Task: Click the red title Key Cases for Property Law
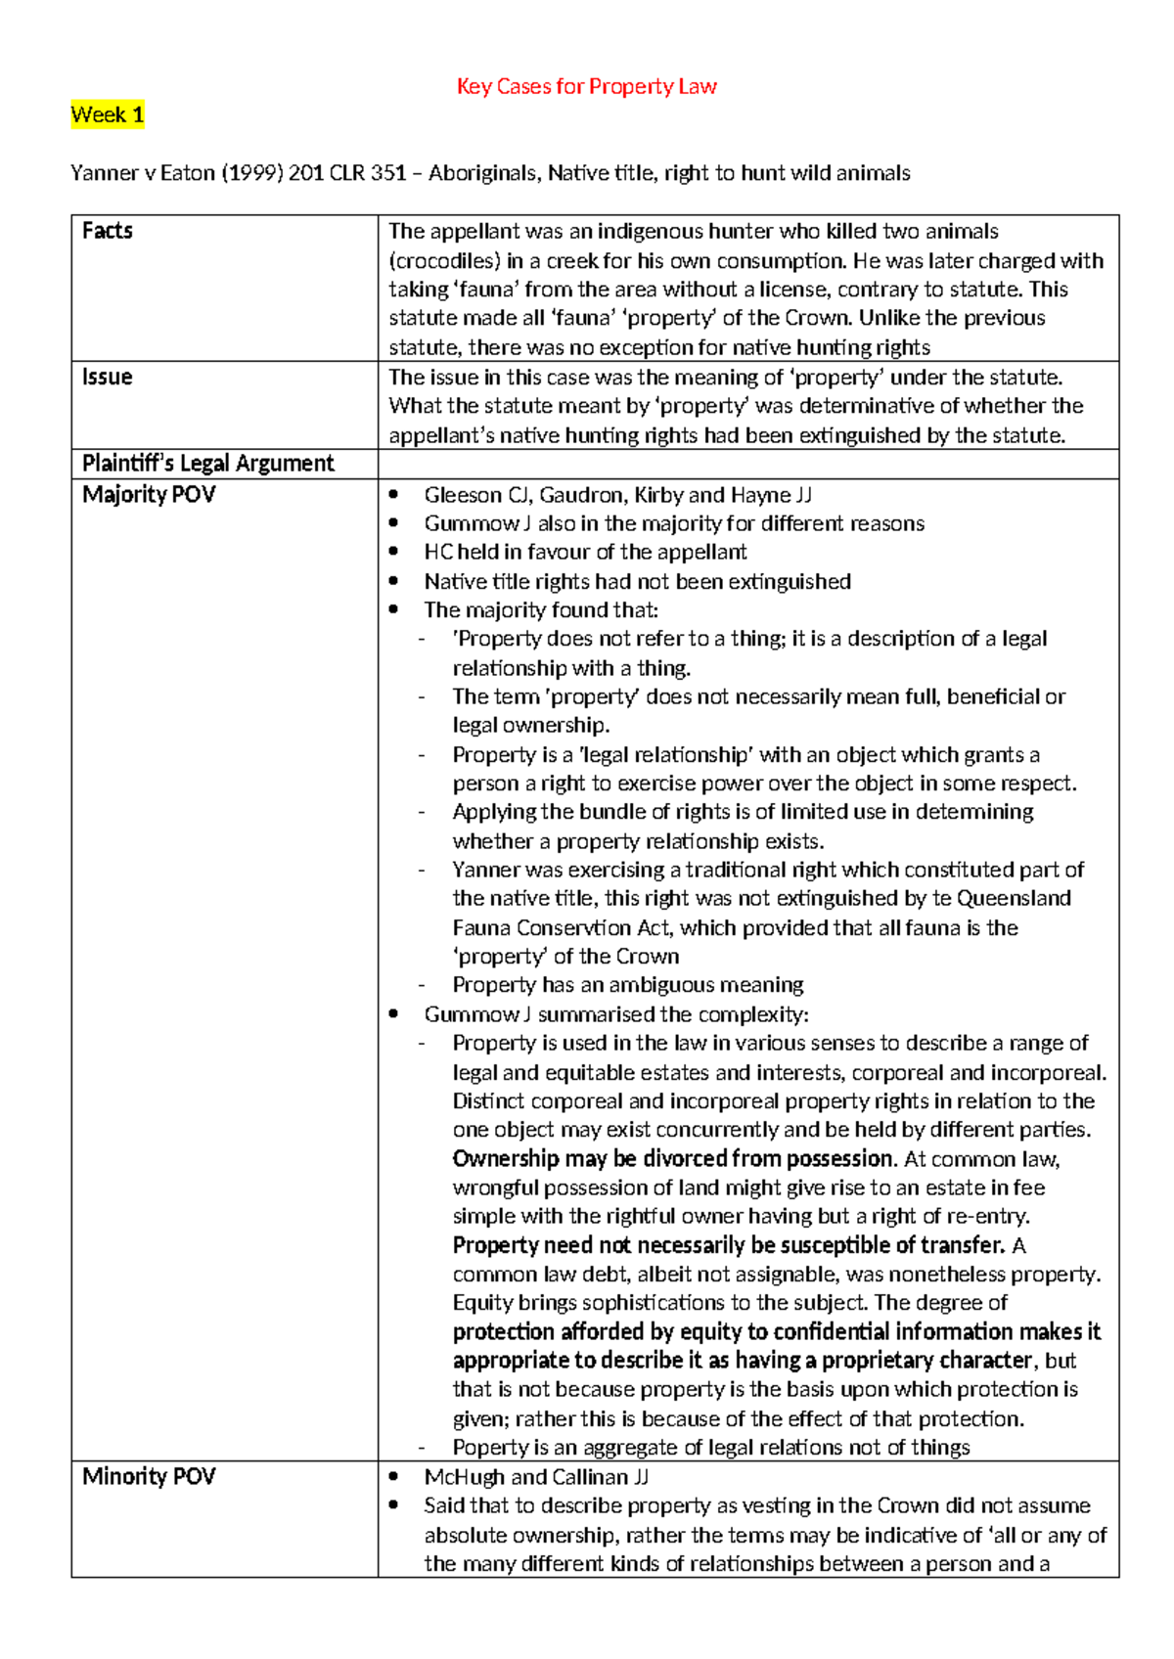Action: pyautogui.click(x=586, y=86)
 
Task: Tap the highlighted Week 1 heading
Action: pyautogui.click(x=107, y=114)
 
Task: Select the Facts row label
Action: pyautogui.click(x=107, y=231)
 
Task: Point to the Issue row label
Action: pyautogui.click(x=107, y=377)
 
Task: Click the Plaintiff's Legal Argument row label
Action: pyautogui.click(x=207, y=463)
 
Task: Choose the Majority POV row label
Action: pyautogui.click(x=148, y=494)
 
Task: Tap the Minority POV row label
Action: pyautogui.click(x=148, y=1476)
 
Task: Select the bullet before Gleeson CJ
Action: pyautogui.click(x=393, y=495)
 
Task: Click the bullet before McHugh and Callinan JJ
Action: pyautogui.click(x=393, y=1477)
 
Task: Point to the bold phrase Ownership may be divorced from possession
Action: pyautogui.click(x=673, y=1158)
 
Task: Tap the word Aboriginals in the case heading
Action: pyautogui.click(x=482, y=173)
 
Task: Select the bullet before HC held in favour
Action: pyautogui.click(x=393, y=552)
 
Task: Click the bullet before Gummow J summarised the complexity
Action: pyautogui.click(x=393, y=1014)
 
